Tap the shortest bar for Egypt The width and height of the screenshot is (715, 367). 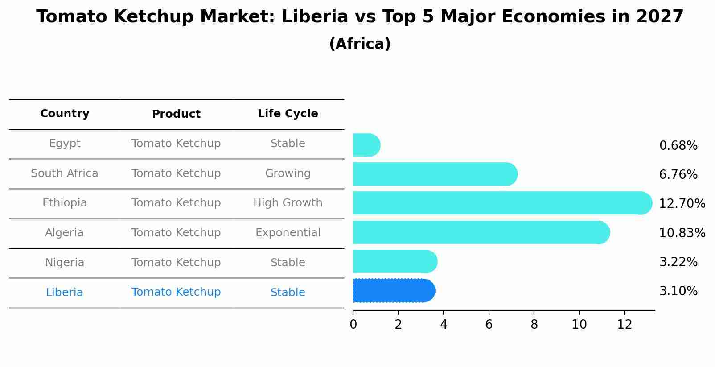(x=366, y=145)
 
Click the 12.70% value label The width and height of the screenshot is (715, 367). (x=682, y=204)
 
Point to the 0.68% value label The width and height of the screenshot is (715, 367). (x=678, y=146)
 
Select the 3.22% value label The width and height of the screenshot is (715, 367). (x=678, y=262)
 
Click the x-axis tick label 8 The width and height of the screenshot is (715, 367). (x=534, y=325)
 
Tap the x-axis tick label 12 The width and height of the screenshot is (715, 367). (x=625, y=325)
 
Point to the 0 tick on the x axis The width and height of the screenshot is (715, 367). (x=353, y=325)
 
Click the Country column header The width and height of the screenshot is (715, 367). (x=65, y=114)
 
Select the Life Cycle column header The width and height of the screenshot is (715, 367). (x=288, y=114)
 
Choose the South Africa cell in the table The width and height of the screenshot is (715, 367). (x=65, y=173)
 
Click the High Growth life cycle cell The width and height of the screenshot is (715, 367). (x=288, y=203)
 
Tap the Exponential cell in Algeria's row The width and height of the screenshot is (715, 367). (x=288, y=233)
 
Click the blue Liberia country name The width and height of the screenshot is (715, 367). (x=65, y=293)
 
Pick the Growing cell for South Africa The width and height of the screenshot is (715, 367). (x=288, y=173)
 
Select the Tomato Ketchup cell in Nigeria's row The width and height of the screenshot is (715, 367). (x=176, y=263)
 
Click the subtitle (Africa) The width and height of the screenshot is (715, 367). (x=360, y=44)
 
